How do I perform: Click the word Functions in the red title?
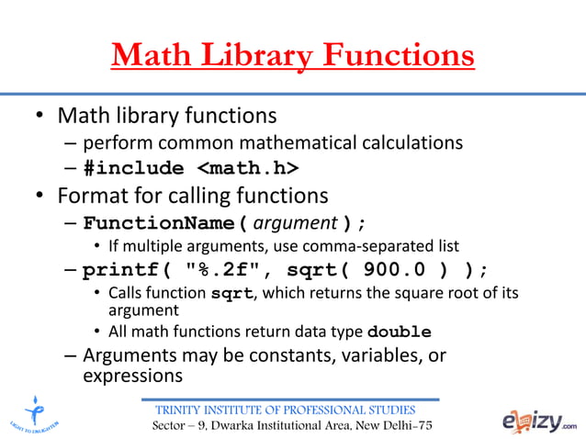pyautogui.click(x=398, y=56)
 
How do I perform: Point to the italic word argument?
pyautogui.click(x=296, y=224)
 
